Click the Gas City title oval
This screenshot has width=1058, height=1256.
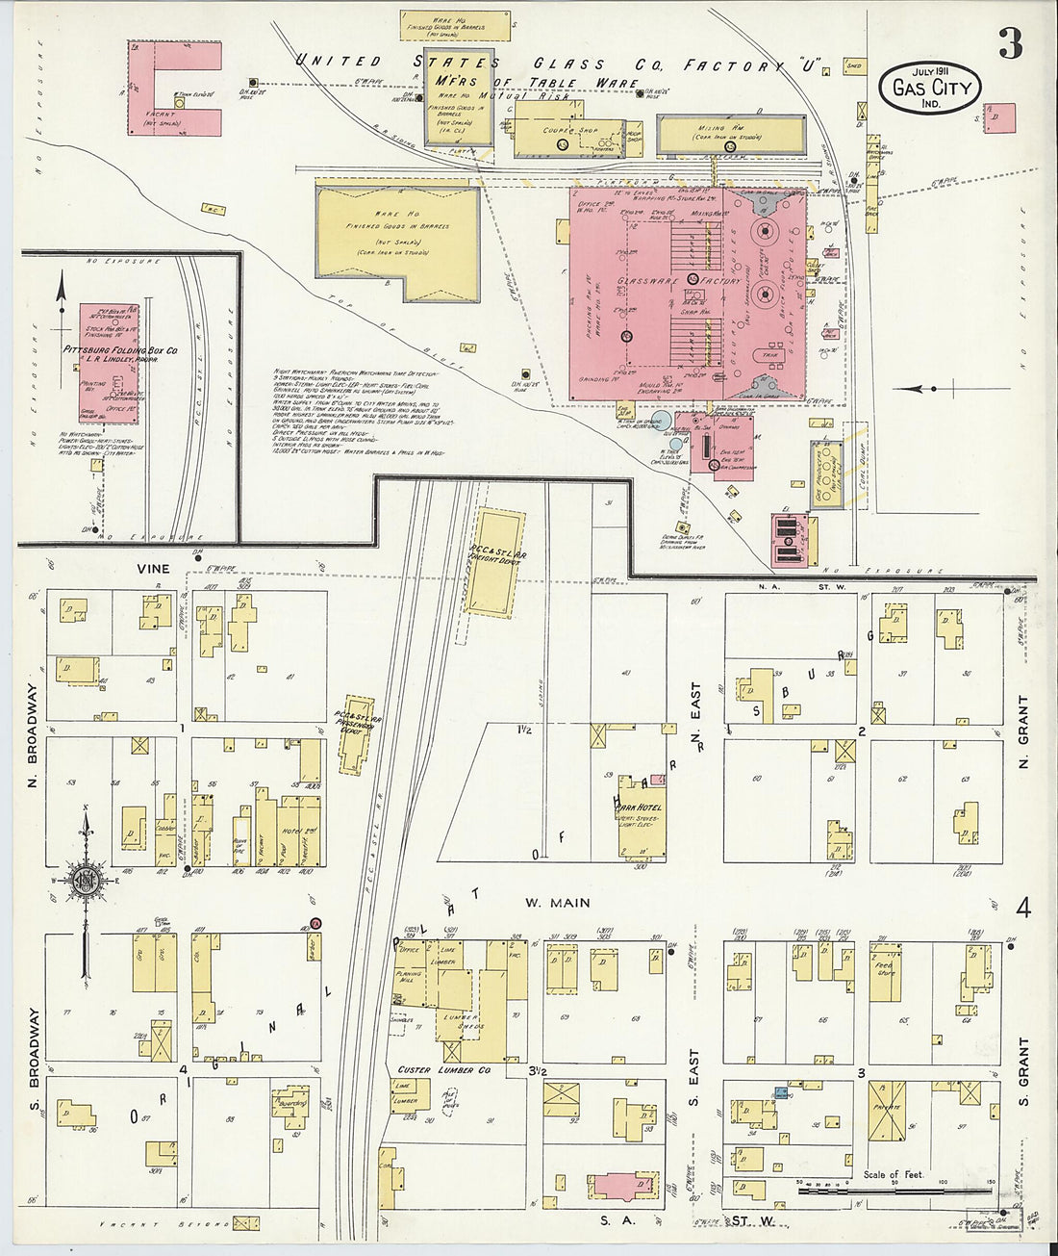coord(930,89)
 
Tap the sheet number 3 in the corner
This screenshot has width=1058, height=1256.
coord(1009,43)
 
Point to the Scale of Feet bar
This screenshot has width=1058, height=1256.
coord(894,1192)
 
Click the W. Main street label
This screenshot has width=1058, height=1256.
coord(557,903)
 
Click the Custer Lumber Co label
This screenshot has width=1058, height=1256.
coord(444,1069)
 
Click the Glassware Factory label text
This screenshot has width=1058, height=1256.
coord(680,281)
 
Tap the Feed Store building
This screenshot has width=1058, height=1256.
coord(886,971)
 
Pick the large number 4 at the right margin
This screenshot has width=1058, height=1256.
coord(1022,908)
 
